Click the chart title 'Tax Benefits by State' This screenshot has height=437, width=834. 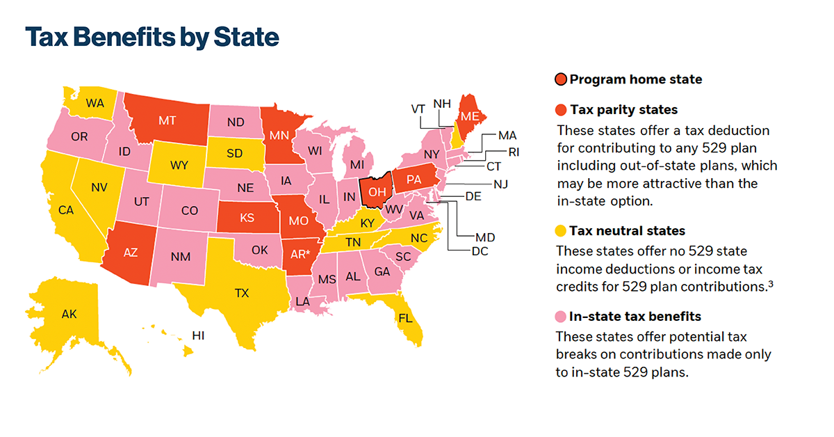152,37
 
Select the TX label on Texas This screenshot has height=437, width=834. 241,293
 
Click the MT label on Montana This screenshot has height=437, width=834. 167,120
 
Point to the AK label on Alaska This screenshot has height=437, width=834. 69,315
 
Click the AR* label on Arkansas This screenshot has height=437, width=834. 300,254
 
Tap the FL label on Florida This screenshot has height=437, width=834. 405,318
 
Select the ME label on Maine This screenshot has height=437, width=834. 470,116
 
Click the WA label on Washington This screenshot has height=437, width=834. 95,103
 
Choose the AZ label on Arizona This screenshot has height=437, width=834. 130,254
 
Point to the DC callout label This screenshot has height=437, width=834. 480,251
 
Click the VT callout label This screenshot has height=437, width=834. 418,109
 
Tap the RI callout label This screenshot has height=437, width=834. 514,152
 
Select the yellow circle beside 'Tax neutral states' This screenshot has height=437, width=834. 560,231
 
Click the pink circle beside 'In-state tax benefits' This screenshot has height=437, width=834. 560,317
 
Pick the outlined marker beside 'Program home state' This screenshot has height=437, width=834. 560,79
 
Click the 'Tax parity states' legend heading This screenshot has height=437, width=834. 623,110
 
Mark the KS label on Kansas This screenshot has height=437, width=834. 247,218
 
